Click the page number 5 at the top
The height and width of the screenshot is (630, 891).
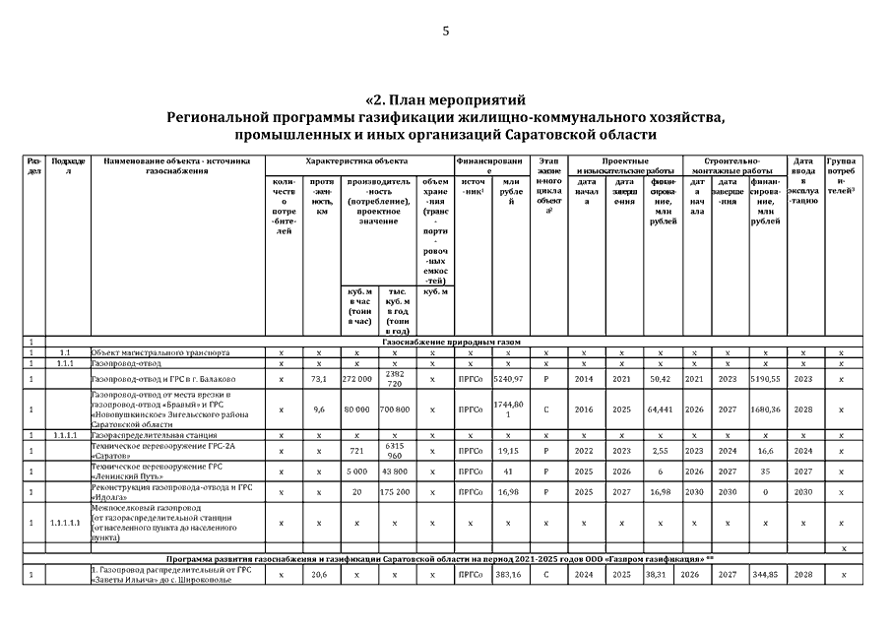coord(445,31)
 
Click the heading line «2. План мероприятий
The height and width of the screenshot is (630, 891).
coord(445,100)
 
